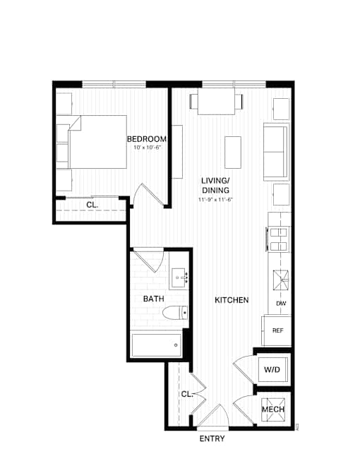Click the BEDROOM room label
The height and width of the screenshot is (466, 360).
[x=147, y=139]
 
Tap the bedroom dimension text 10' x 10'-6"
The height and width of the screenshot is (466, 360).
[x=148, y=147]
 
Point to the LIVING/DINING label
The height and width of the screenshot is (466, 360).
[x=215, y=185]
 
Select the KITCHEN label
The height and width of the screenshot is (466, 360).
[x=232, y=300]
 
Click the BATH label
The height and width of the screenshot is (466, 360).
[x=154, y=299]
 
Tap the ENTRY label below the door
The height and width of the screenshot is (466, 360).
[x=212, y=438]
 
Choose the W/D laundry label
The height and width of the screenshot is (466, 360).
[x=272, y=370]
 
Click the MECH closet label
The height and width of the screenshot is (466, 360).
[x=273, y=410]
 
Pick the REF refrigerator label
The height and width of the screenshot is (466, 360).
[x=277, y=330]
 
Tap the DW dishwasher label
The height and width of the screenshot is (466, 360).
[x=281, y=304]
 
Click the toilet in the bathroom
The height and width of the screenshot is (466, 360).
[x=175, y=313]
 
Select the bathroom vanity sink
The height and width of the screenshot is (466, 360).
[x=179, y=278]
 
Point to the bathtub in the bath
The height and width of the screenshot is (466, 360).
[x=156, y=345]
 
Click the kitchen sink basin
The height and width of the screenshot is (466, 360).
[x=281, y=280]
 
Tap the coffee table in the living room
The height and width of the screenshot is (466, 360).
[x=233, y=153]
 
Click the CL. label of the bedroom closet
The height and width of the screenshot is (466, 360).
[x=92, y=205]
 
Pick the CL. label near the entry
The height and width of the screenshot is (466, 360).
[x=187, y=394]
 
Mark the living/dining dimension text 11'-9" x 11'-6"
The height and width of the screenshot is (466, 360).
[x=215, y=199]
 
